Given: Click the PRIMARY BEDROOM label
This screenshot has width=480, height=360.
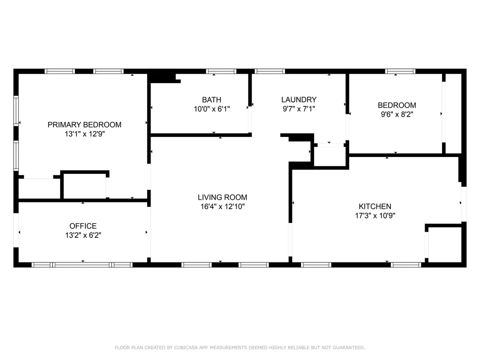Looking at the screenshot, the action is point(84,125).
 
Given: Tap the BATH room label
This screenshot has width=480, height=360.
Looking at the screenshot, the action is point(211,100).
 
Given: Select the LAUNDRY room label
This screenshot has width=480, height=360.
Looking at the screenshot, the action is point(299,100).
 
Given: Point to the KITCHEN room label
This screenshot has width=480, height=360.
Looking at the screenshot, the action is point(375,206).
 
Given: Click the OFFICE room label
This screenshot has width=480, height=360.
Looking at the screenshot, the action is point(83,226).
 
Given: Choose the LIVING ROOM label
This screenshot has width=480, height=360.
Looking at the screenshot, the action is point(223,197).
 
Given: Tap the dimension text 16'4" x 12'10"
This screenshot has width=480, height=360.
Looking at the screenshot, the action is point(223,207).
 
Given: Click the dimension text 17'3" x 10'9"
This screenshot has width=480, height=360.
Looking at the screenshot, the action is point(375,216).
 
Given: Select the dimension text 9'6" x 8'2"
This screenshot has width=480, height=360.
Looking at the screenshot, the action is point(397,114).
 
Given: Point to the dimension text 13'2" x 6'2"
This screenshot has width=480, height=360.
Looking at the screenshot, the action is point(83,235).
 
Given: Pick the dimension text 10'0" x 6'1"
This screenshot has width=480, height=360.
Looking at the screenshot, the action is point(211,109).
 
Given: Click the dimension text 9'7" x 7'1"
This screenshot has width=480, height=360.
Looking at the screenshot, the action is point(299,109).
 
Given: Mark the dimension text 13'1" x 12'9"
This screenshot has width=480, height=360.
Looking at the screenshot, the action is point(84,134).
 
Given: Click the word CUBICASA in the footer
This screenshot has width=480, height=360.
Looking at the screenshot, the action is point(186,347).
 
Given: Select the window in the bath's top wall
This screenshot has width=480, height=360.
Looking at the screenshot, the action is point(221,71).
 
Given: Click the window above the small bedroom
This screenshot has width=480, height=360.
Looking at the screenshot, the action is point(400,71).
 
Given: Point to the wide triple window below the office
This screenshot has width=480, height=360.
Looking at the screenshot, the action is point(82,265).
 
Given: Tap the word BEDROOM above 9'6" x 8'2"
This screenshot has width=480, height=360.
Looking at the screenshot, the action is point(397,105).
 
